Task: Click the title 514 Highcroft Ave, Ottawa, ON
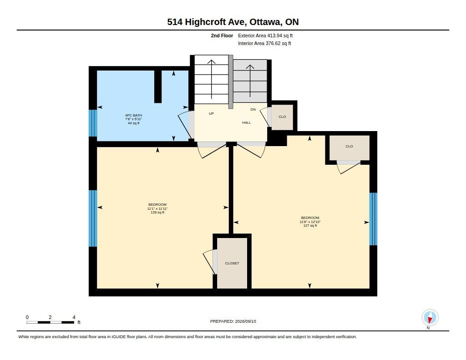tap(233, 22)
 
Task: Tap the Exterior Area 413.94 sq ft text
tap(265, 35)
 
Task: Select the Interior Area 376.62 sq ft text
tap(264, 43)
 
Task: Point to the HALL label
tap(246, 122)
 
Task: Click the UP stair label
tap(211, 114)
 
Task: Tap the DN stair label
tap(253, 109)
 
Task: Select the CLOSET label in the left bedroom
tap(232, 264)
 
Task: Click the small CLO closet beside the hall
tap(282, 117)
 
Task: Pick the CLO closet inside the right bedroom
tap(349, 148)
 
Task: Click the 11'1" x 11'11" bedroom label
tap(157, 208)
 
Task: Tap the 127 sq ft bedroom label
tap(310, 226)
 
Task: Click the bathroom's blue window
tap(93, 123)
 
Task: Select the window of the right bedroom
tap(373, 219)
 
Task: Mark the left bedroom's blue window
tap(93, 218)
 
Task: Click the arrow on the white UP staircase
tap(211, 79)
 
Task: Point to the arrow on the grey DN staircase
tap(250, 81)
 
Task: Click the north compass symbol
tap(430, 318)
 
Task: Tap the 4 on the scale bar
tap(74, 317)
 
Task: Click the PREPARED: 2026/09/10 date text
tap(233, 321)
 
